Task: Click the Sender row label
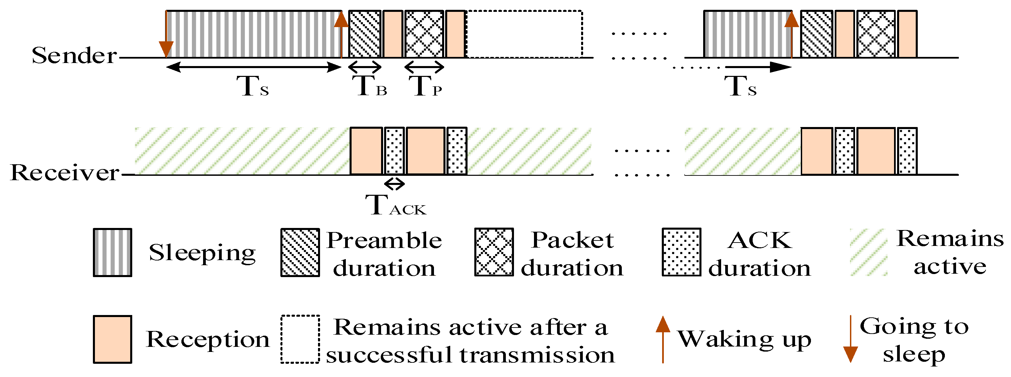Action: pyautogui.click(x=74, y=55)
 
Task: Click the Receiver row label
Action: pyautogui.click(x=65, y=173)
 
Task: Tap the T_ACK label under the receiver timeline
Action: pyautogui.click(x=395, y=206)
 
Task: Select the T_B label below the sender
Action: pyautogui.click(x=371, y=86)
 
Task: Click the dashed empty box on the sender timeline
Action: pyautogui.click(x=524, y=34)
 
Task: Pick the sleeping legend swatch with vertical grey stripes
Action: pyautogui.click(x=112, y=253)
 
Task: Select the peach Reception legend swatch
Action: pyautogui.click(x=112, y=339)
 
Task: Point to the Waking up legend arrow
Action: pyautogui.click(x=663, y=339)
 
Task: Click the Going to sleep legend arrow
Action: pyautogui.click(x=850, y=339)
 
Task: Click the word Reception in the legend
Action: pyautogui.click(x=207, y=339)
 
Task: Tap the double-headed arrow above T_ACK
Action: pyautogui.click(x=394, y=184)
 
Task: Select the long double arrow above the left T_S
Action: pyautogui.click(x=254, y=67)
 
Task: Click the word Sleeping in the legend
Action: pyautogui.click(x=202, y=253)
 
